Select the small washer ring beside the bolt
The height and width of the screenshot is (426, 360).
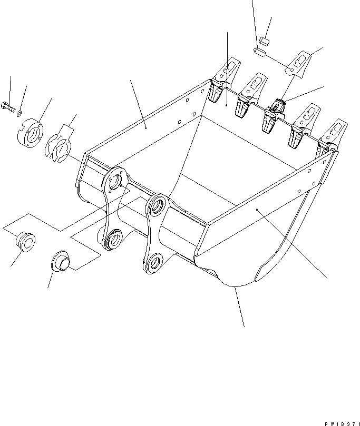(20, 112)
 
